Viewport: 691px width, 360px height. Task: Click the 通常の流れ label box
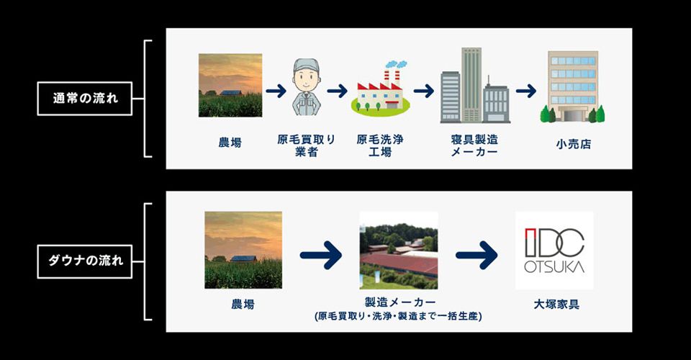click(x=85, y=98)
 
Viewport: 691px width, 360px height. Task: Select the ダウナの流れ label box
click(x=85, y=261)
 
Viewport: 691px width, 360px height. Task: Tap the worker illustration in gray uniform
click(x=307, y=87)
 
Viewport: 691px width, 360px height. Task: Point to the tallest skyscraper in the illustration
click(x=471, y=85)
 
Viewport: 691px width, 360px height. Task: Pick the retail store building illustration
click(x=572, y=86)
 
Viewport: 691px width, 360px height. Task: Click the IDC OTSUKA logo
click(x=554, y=251)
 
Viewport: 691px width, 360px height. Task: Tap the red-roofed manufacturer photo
click(x=399, y=251)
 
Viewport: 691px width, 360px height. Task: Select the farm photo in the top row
click(x=230, y=85)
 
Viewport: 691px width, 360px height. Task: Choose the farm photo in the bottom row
click(x=243, y=250)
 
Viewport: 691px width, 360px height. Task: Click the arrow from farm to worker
click(x=276, y=91)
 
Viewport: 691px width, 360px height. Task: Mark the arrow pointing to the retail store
click(x=526, y=91)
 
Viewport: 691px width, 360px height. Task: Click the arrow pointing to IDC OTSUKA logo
click(x=477, y=255)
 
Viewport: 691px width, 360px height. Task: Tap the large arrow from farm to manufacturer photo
click(x=321, y=255)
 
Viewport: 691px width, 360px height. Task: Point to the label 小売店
click(x=574, y=144)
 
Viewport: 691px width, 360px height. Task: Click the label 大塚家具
click(x=556, y=304)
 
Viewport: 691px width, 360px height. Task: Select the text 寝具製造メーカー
click(x=474, y=145)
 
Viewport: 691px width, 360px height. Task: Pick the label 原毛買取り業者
click(x=307, y=145)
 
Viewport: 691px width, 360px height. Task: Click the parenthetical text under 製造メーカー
click(x=398, y=316)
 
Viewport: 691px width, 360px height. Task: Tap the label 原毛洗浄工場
click(x=380, y=145)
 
